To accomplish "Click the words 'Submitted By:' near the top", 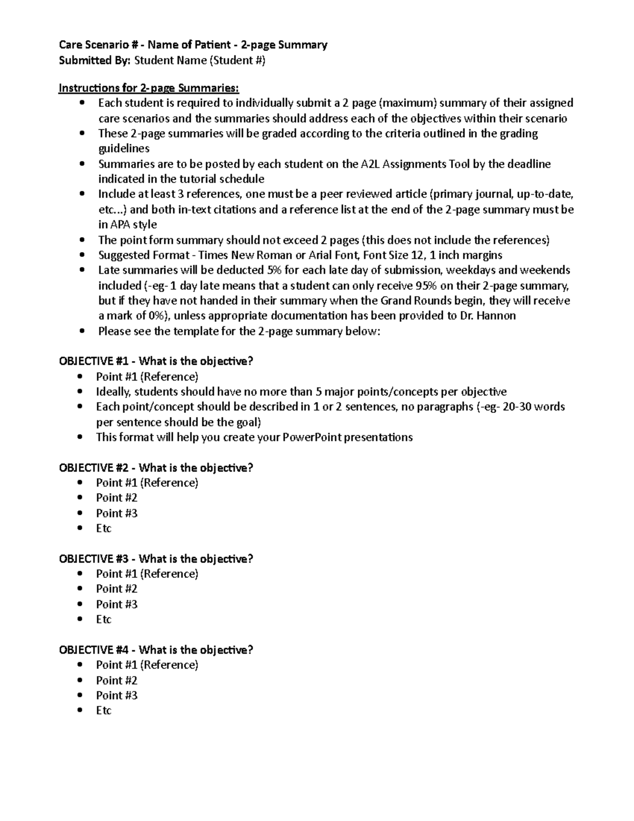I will (95, 60).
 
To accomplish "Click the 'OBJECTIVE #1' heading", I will (95, 362).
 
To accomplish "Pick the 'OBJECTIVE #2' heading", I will (95, 468).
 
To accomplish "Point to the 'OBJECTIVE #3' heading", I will (95, 559).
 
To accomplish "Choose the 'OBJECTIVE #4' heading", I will (95, 650).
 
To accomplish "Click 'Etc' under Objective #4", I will (104, 711).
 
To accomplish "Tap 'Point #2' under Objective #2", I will (116, 497).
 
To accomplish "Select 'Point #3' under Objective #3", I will (116, 604).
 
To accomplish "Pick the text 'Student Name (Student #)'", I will (200, 60).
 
